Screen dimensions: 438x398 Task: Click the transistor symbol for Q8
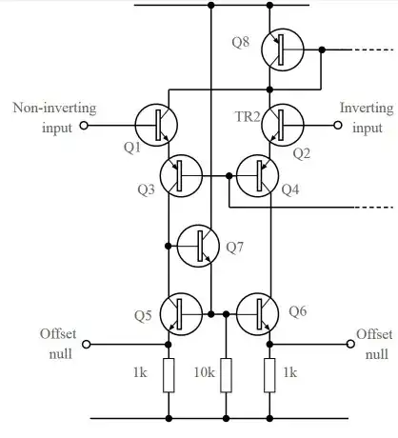pyautogui.click(x=283, y=50)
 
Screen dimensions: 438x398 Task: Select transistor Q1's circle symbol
pyautogui.click(x=154, y=124)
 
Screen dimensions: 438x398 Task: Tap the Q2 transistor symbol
pyautogui.click(x=283, y=124)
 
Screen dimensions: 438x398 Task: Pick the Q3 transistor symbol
pyautogui.click(x=181, y=176)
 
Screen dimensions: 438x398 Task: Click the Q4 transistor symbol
pyautogui.click(x=257, y=176)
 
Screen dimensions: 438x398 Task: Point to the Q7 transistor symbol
pyautogui.click(x=199, y=246)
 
